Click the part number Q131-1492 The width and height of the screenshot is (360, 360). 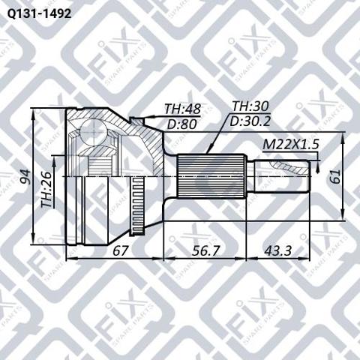click(x=39, y=14)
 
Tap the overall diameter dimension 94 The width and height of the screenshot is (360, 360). click(x=25, y=177)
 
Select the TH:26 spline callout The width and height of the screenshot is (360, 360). click(x=47, y=189)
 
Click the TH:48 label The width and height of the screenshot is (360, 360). click(x=182, y=109)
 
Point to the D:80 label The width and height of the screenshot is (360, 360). click(x=181, y=124)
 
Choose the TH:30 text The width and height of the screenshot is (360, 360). click(x=250, y=106)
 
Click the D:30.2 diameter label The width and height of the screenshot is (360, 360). click(x=250, y=121)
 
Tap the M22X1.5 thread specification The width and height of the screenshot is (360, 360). click(x=291, y=144)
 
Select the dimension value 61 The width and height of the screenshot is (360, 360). click(x=336, y=176)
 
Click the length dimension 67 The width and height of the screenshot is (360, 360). click(x=121, y=250)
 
